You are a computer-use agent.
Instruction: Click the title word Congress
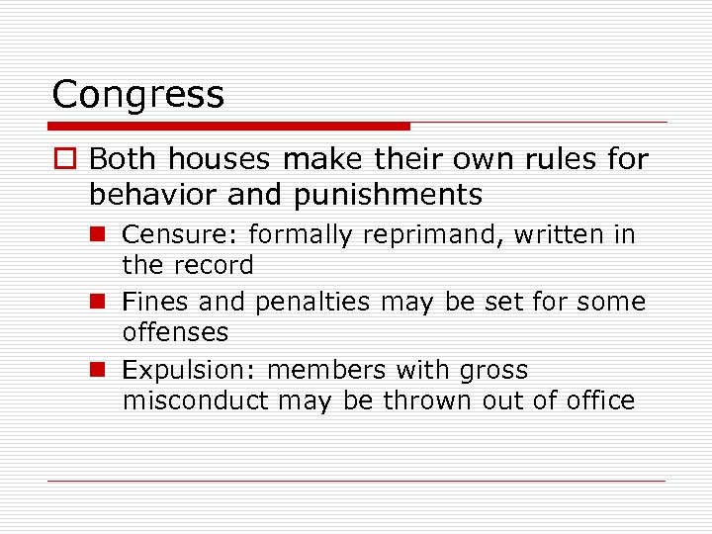pyautogui.click(x=138, y=96)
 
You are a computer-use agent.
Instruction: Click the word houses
pyautogui.click(x=225, y=158)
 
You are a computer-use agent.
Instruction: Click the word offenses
pyautogui.click(x=175, y=332)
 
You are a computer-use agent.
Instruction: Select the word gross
pyautogui.click(x=493, y=372)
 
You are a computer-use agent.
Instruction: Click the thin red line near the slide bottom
pyautogui.click(x=356, y=481)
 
